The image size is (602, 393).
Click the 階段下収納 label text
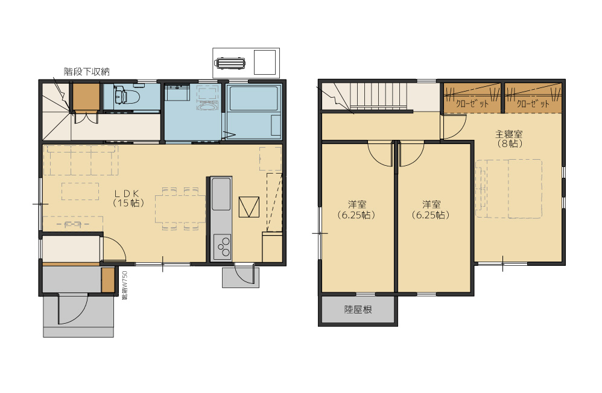click(86, 72)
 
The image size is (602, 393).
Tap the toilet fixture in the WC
click(124, 95)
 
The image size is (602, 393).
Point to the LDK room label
click(127, 193)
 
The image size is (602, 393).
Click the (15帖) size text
click(127, 204)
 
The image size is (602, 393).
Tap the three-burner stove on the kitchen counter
click(222, 247)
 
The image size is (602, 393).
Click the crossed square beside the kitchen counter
click(249, 206)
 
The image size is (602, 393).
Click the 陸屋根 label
click(358, 310)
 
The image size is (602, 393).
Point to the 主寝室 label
click(509, 134)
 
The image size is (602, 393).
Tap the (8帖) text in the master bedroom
click(509, 143)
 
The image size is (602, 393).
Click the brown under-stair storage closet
click(86, 96)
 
